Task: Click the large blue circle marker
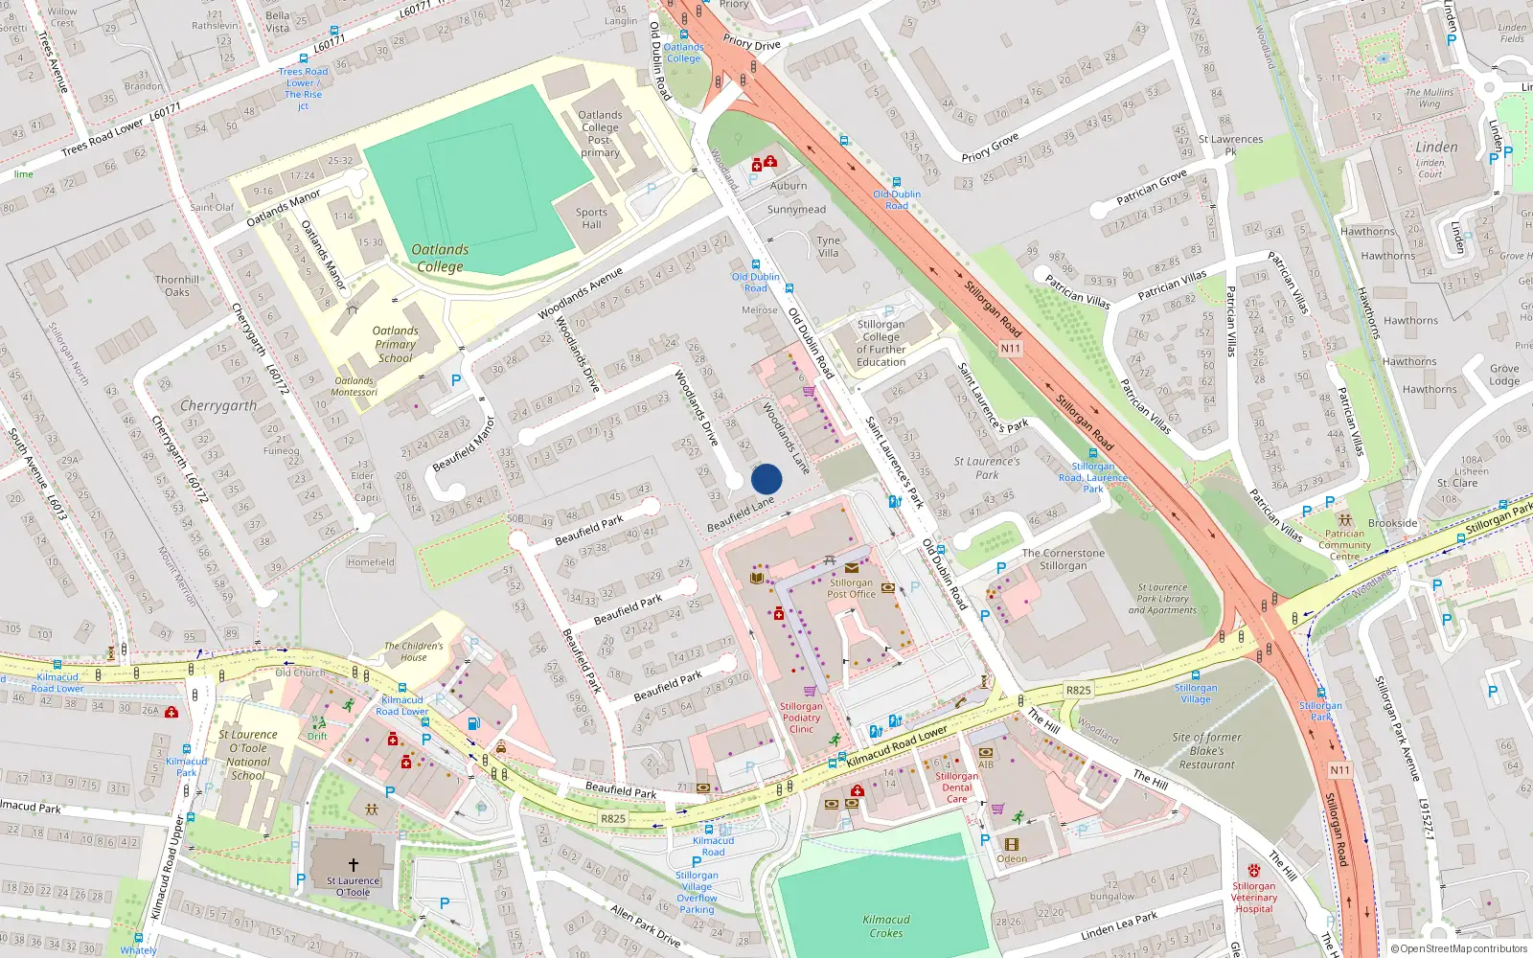(766, 479)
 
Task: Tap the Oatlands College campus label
(440, 258)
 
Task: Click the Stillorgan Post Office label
(851, 588)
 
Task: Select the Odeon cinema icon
(1011, 844)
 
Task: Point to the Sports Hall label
(591, 218)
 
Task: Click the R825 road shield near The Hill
(1078, 690)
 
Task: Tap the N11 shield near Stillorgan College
(1010, 348)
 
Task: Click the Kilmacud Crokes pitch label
(885, 925)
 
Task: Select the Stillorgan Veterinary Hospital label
(1253, 897)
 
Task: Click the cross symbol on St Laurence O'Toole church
(353, 865)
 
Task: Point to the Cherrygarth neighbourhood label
(218, 405)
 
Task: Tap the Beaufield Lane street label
(741, 514)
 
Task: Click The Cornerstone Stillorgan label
(1063, 559)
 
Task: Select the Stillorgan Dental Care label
(956, 787)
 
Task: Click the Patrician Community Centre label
(1344, 544)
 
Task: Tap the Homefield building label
(371, 562)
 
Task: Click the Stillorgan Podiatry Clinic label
(801, 718)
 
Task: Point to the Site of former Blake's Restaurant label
(1206, 750)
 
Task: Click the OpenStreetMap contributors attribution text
(1463, 948)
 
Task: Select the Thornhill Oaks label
(177, 285)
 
